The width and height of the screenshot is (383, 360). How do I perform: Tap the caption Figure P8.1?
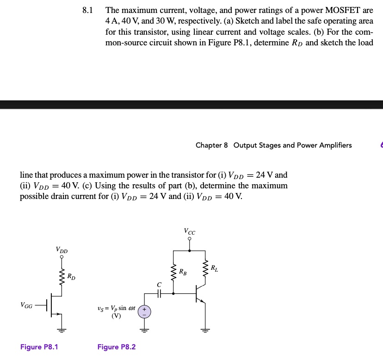tap(39, 347)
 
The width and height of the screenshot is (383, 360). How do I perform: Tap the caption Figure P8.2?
tap(117, 347)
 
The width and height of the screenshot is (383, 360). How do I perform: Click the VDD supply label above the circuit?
tap(62, 250)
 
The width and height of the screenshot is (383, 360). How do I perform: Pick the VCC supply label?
tap(189, 231)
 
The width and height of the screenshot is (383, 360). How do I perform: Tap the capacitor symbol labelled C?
tap(158, 293)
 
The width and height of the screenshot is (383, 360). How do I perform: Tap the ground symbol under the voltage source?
tap(144, 330)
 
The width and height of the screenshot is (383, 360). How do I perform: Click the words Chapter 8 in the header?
tap(212, 145)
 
